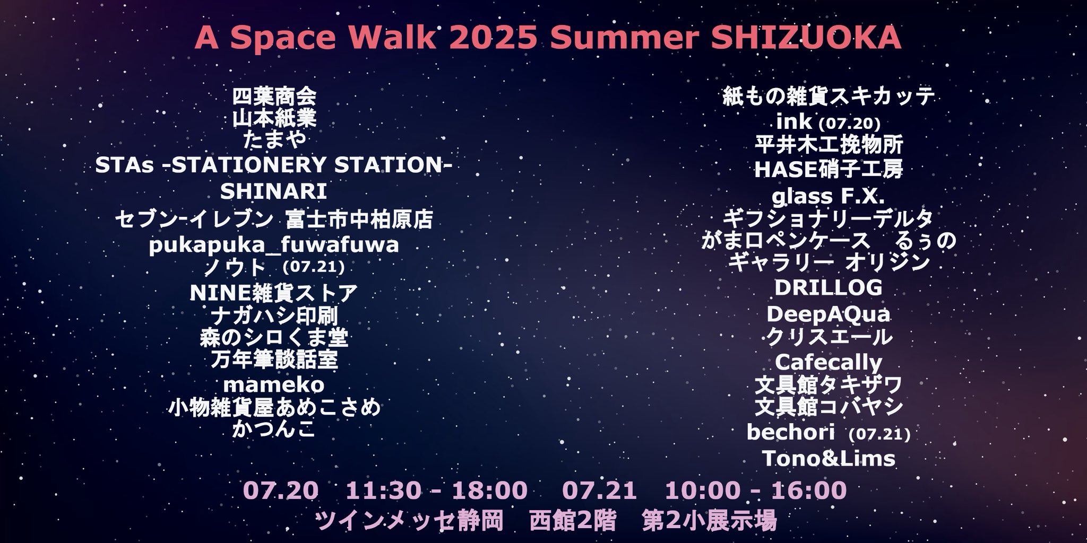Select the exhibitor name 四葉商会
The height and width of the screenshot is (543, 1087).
pyautogui.click(x=274, y=97)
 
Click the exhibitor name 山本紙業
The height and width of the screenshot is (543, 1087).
pyautogui.click(x=274, y=118)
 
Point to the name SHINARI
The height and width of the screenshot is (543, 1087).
pyautogui.click(x=273, y=192)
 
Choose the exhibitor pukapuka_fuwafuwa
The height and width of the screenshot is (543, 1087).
pyautogui.click(x=274, y=246)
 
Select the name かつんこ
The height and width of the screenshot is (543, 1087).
pyautogui.click(x=274, y=429)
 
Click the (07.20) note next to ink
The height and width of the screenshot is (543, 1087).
pyautogui.click(x=850, y=124)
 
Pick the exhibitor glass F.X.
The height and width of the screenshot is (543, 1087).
pyautogui.click(x=829, y=196)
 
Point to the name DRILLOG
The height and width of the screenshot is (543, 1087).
pyautogui.click(x=829, y=288)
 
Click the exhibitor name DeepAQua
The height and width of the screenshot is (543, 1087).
pyautogui.click(x=829, y=314)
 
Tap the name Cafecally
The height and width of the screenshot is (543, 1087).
pyautogui.click(x=829, y=362)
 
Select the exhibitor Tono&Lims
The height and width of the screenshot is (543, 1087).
pyautogui.click(x=829, y=459)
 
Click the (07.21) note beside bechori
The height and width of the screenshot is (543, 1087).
pyautogui.click(x=879, y=434)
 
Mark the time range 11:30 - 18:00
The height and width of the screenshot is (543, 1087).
pyautogui.click(x=437, y=491)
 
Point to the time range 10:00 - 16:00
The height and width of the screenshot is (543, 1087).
pyautogui.click(x=756, y=491)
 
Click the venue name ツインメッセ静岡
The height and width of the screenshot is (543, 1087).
pyautogui.click(x=409, y=521)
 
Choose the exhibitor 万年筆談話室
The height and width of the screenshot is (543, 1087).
pyautogui.click(x=274, y=361)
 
